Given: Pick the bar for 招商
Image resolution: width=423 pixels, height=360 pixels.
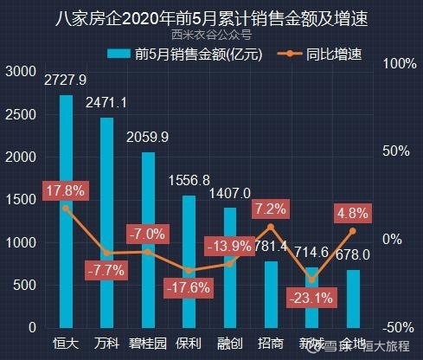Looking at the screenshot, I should (x=270, y=294).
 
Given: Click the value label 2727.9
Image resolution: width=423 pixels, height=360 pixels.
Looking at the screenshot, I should (x=66, y=80).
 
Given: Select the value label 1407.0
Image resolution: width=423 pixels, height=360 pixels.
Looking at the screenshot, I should (x=229, y=192).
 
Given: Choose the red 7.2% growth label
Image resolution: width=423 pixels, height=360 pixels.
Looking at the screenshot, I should (x=271, y=209).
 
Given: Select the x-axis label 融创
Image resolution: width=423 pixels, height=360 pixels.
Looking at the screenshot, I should (x=229, y=344).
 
